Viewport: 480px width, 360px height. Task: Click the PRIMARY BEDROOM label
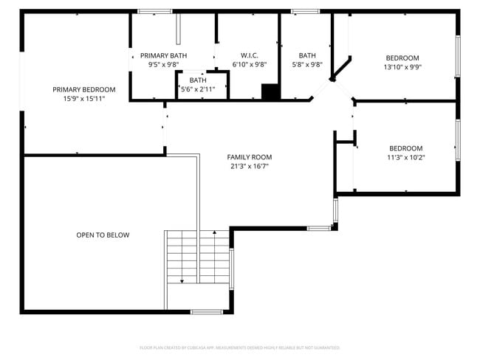click(78, 89)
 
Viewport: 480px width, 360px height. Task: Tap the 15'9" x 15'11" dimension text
click(78, 98)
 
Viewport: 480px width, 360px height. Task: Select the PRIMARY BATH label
click(163, 55)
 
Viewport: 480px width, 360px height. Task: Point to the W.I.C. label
click(249, 55)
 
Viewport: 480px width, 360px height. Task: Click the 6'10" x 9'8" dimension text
click(249, 64)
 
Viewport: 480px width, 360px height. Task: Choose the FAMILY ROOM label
click(249, 157)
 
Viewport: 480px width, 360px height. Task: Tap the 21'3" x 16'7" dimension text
click(249, 166)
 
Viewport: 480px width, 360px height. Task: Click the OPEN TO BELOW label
click(103, 235)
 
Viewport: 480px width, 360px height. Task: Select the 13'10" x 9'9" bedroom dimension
click(402, 67)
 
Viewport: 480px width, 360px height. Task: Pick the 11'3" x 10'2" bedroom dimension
click(405, 157)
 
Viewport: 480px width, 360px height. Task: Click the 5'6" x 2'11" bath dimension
click(198, 89)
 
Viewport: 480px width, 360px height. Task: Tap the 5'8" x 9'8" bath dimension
click(307, 64)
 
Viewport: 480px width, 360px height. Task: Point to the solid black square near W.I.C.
click(271, 91)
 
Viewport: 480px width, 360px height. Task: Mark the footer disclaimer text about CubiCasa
click(239, 347)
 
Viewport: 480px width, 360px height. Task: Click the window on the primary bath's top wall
click(155, 11)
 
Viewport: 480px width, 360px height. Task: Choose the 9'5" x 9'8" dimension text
click(163, 64)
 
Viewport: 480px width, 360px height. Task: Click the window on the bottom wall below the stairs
click(207, 312)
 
